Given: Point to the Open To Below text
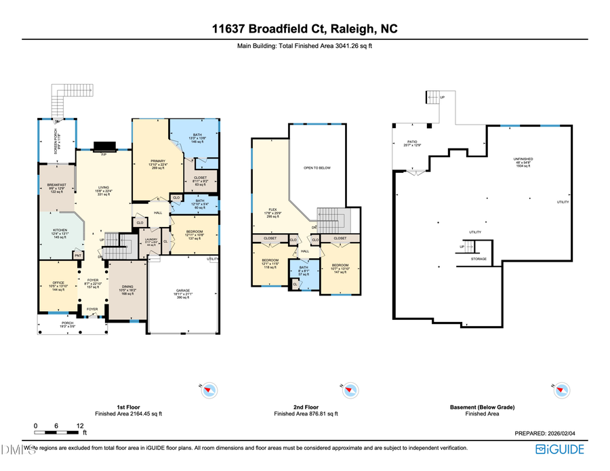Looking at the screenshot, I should point(317,167).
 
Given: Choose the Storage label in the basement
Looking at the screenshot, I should point(479,259).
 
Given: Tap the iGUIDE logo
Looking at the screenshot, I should point(561,449).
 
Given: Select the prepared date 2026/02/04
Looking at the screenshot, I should point(556,432).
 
